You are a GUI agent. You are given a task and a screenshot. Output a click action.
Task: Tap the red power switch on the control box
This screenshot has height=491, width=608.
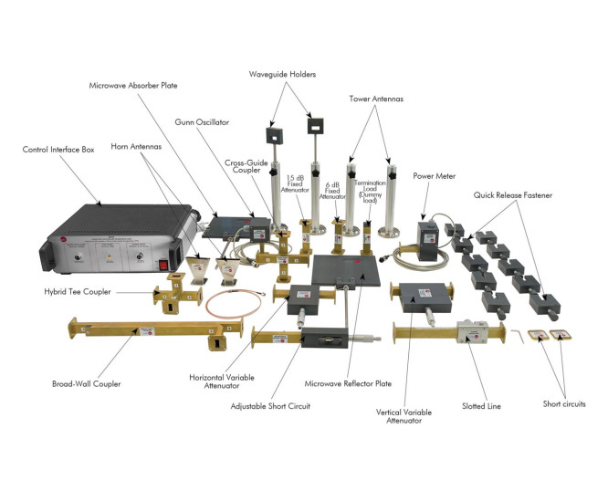click(165, 265)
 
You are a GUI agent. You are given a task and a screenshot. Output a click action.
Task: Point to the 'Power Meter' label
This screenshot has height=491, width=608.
click(433, 177)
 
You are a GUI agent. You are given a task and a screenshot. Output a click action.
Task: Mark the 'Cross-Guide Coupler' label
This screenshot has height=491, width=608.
click(245, 167)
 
